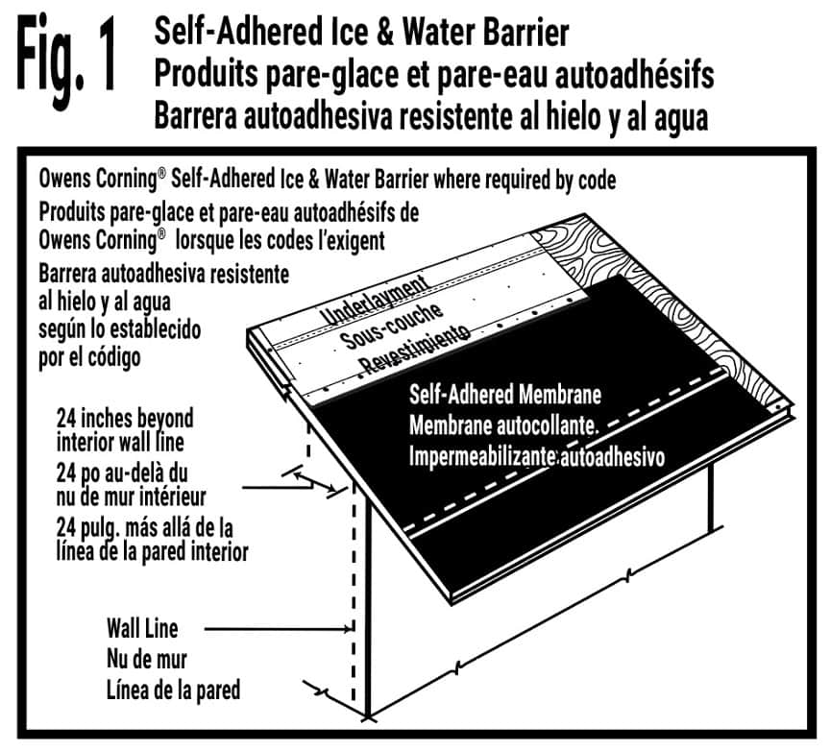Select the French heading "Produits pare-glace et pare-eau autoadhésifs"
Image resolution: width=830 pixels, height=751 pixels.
tap(432, 75)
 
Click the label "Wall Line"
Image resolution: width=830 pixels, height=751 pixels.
tap(142, 630)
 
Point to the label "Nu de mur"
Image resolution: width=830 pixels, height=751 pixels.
tap(146, 660)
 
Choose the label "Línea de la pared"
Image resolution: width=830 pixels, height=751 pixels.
tap(173, 690)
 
